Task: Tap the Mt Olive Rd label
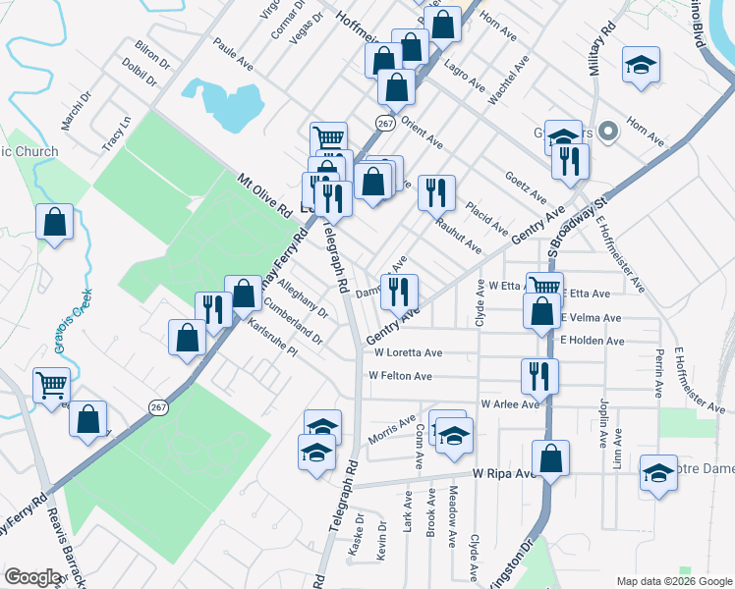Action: point(265,194)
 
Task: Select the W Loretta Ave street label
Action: point(407,352)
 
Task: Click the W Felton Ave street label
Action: point(400,376)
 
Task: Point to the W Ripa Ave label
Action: point(503,473)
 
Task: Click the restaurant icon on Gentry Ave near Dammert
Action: point(399,292)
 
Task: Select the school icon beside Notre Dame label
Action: point(657,472)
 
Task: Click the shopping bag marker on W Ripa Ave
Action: point(551,457)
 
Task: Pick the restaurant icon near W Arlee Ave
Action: point(539,375)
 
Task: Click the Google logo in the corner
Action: point(33,577)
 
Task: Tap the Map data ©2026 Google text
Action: point(674,581)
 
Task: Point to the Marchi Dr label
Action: point(76,111)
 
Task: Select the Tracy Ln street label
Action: point(116,135)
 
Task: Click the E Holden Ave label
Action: point(593,342)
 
